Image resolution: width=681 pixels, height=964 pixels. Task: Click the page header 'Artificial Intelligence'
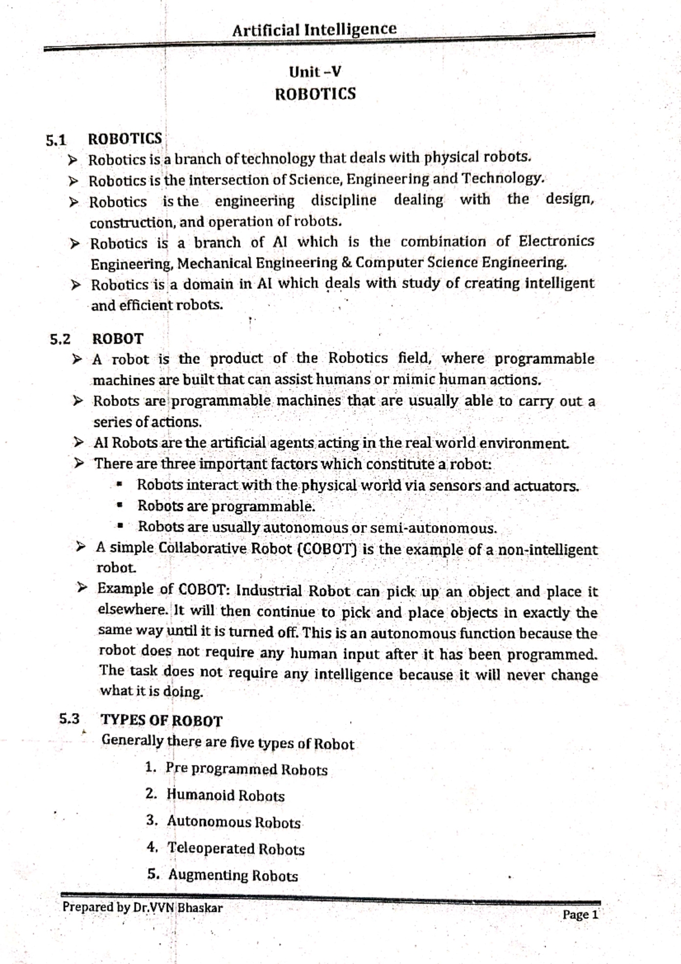314,29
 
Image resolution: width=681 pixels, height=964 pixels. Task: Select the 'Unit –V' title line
315,72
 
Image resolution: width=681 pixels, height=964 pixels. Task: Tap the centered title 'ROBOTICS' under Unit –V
315,94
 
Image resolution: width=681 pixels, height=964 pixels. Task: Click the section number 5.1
56,140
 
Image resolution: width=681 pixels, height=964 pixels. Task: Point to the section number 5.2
60,340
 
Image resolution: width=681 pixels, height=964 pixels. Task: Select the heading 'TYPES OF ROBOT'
161,720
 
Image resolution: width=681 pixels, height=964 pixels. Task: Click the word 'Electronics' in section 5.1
556,241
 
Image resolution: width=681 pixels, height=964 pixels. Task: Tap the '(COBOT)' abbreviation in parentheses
327,550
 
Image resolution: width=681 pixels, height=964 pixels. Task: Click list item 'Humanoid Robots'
225,795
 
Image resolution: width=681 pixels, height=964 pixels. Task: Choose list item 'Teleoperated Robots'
236,849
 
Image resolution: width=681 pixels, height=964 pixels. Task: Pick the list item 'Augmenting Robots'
233,875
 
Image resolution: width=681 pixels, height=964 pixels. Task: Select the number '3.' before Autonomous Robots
152,821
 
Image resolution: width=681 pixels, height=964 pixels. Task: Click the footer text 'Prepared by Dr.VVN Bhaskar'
142,907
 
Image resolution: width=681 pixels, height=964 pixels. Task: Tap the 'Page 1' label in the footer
580,915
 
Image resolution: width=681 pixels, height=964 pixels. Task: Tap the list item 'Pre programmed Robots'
246,770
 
